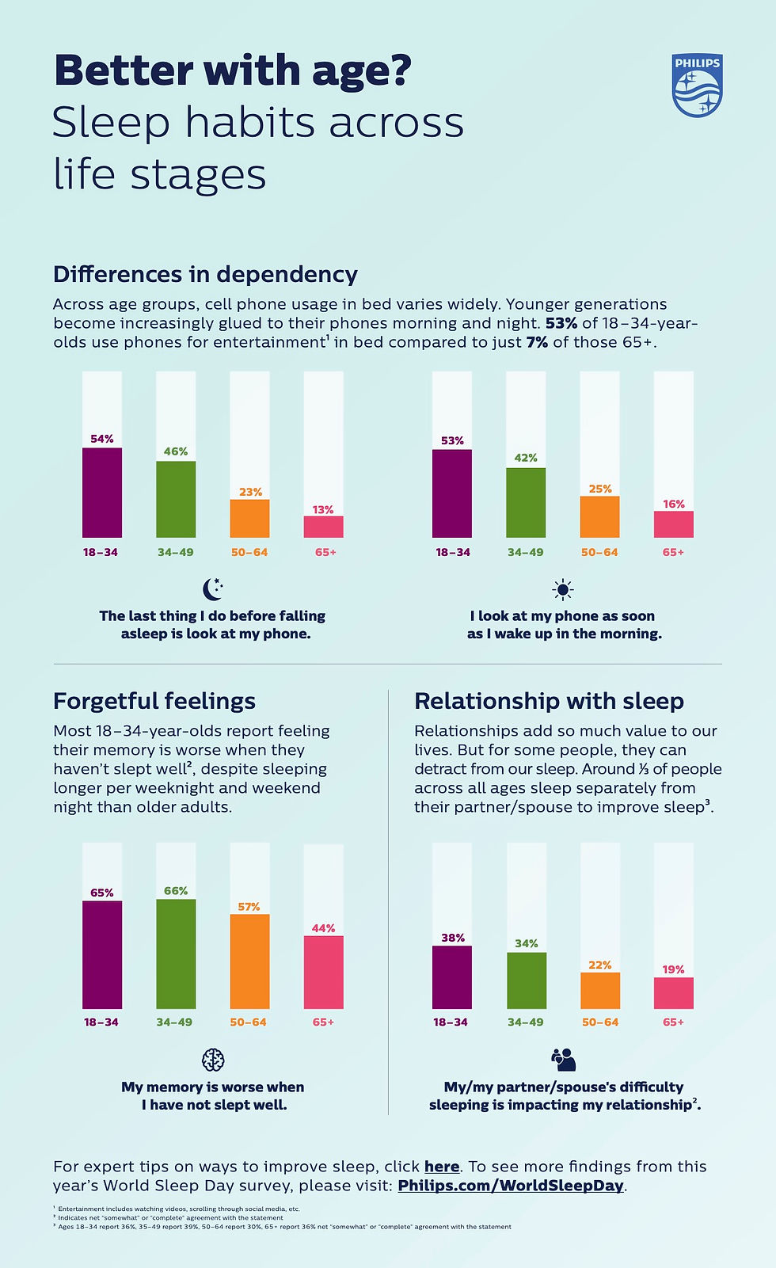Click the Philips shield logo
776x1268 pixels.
pyautogui.click(x=697, y=86)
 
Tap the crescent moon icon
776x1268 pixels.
pyautogui.click(x=212, y=589)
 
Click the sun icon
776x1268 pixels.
pyautogui.click(x=563, y=589)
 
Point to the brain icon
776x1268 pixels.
pyautogui.click(x=213, y=1059)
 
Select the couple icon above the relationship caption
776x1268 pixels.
pyautogui.click(x=564, y=1059)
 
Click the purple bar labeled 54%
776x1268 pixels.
pyautogui.click(x=102, y=493)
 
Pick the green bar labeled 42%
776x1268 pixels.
pyautogui.click(x=526, y=502)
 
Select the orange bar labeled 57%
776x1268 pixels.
pyautogui.click(x=249, y=961)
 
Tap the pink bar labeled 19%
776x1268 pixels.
pyautogui.click(x=673, y=992)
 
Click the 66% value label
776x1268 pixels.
pyautogui.click(x=176, y=891)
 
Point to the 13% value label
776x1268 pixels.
pyautogui.click(x=323, y=510)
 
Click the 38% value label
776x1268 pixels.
pyautogui.click(x=453, y=938)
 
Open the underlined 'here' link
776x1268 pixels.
pyautogui.click(x=442, y=1167)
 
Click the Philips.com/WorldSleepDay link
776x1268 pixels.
pyautogui.click(x=511, y=1186)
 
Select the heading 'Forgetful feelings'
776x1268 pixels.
pyautogui.click(x=154, y=701)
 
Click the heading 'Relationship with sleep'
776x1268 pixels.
pyautogui.click(x=549, y=701)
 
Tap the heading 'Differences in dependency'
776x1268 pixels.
pyautogui.click(x=205, y=274)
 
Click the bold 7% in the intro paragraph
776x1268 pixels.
pyautogui.click(x=537, y=342)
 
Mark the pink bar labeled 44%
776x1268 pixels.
pyautogui.click(x=323, y=972)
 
